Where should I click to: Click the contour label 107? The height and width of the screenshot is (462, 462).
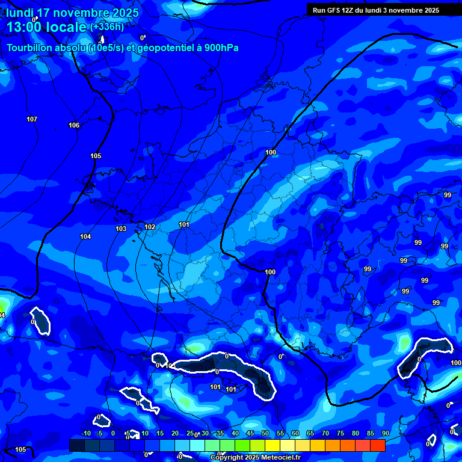(x=32, y=119)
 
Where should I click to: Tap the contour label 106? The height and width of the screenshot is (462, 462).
(x=74, y=125)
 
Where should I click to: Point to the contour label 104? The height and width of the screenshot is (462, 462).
(x=85, y=236)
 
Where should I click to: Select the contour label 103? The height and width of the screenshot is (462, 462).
(x=121, y=229)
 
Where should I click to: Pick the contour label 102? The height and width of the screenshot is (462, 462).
(x=150, y=227)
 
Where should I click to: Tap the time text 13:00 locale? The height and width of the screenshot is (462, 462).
(x=46, y=27)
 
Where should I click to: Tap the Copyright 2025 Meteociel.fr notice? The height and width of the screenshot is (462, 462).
(x=255, y=458)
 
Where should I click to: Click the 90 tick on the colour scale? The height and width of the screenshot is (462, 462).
(x=385, y=434)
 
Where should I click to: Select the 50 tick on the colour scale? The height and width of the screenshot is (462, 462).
(x=265, y=434)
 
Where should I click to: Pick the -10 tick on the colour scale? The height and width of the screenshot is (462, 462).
(x=85, y=434)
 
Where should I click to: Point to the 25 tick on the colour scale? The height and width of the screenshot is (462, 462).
(x=190, y=434)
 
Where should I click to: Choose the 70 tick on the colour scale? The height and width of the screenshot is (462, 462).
(x=325, y=434)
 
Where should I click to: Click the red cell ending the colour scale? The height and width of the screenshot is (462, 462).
(x=377, y=445)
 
